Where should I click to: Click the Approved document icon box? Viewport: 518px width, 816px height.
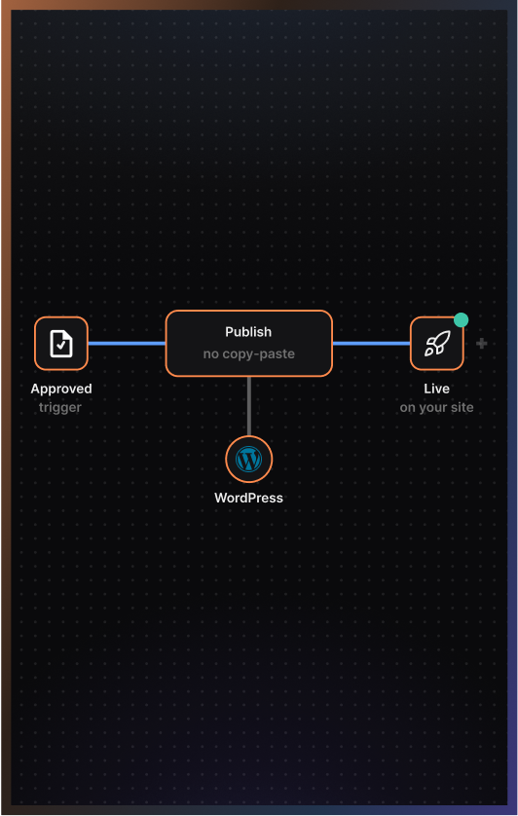61,344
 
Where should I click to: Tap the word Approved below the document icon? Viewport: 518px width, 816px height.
61,389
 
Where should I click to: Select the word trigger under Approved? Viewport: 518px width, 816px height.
60,407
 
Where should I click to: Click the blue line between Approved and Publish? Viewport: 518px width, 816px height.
127,344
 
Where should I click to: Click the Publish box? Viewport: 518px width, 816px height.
249,344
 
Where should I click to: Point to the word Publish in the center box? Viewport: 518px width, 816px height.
248,332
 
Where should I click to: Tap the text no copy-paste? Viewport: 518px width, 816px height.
249,353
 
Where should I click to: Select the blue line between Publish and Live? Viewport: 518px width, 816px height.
372,344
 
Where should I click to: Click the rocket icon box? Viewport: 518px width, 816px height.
437,344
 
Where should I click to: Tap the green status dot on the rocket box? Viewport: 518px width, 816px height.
461,320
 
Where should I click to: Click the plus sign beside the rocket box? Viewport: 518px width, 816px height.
482,344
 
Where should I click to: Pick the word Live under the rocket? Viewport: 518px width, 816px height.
437,389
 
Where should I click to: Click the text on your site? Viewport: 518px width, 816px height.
437,407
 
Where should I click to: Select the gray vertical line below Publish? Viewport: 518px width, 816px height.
249,406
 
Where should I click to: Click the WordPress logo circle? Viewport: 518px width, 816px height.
249,460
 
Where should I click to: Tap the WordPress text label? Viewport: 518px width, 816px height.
249,498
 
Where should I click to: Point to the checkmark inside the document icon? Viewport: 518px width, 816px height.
62,345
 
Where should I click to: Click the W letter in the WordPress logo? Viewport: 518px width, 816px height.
249,460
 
